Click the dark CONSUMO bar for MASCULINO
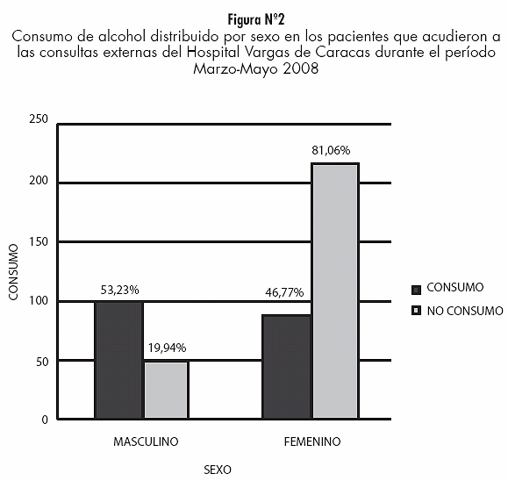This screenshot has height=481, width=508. click(119, 360)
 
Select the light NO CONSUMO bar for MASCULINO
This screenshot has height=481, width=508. click(166, 390)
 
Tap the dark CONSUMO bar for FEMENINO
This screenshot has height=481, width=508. click(287, 367)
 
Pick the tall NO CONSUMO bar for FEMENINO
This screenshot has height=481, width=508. click(335, 291)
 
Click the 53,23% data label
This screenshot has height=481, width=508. click(120, 290)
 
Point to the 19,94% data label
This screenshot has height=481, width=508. click(168, 348)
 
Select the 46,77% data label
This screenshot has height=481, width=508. click(284, 292)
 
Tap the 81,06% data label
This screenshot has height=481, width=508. click(331, 150)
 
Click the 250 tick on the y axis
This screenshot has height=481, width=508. click(39, 119)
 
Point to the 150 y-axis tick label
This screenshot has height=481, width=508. click(39, 241)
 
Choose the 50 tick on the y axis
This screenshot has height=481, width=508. click(42, 362)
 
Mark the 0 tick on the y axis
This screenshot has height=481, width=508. click(45, 420)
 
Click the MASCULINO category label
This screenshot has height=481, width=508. click(146, 442)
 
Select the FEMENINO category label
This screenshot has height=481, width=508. click(312, 442)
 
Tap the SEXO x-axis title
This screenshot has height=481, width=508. click(218, 470)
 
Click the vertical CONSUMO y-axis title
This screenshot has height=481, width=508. click(13, 272)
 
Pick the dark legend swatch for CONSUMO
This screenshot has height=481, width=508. click(416, 290)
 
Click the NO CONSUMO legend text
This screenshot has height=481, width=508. click(465, 312)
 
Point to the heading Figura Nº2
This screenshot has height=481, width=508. click(256, 20)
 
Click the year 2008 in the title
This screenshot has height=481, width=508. click(300, 68)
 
